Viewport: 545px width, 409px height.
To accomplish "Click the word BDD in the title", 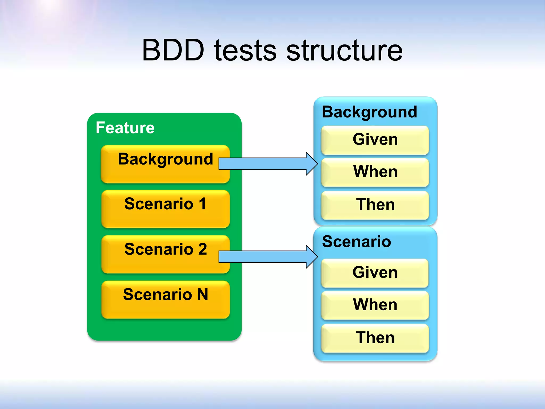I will click(x=173, y=50).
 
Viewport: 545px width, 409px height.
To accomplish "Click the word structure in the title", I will click(x=344, y=50).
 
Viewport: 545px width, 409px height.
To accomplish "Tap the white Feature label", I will click(x=125, y=128).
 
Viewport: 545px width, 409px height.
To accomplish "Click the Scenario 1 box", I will click(x=165, y=209).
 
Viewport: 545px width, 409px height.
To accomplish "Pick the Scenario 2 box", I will click(x=165, y=254).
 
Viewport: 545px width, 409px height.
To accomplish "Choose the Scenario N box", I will click(x=165, y=300).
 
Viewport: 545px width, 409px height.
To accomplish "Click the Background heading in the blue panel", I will click(x=369, y=112).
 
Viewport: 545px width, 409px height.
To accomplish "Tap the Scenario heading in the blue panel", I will click(x=357, y=242).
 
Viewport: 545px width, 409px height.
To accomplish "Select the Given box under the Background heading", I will click(x=375, y=140).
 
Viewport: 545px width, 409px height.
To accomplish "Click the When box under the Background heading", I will click(x=375, y=172).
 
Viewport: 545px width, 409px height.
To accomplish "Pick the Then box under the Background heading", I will click(x=375, y=205).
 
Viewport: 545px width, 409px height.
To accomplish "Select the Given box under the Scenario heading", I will click(x=375, y=273).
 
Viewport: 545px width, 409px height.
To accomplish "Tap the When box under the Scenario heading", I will click(x=375, y=305).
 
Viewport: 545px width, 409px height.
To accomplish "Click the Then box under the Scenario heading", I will click(x=375, y=338).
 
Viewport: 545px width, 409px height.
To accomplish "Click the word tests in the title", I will click(x=245, y=50).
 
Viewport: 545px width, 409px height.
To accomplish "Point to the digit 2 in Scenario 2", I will click(x=203, y=249).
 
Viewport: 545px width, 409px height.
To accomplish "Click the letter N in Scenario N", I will click(x=203, y=295).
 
